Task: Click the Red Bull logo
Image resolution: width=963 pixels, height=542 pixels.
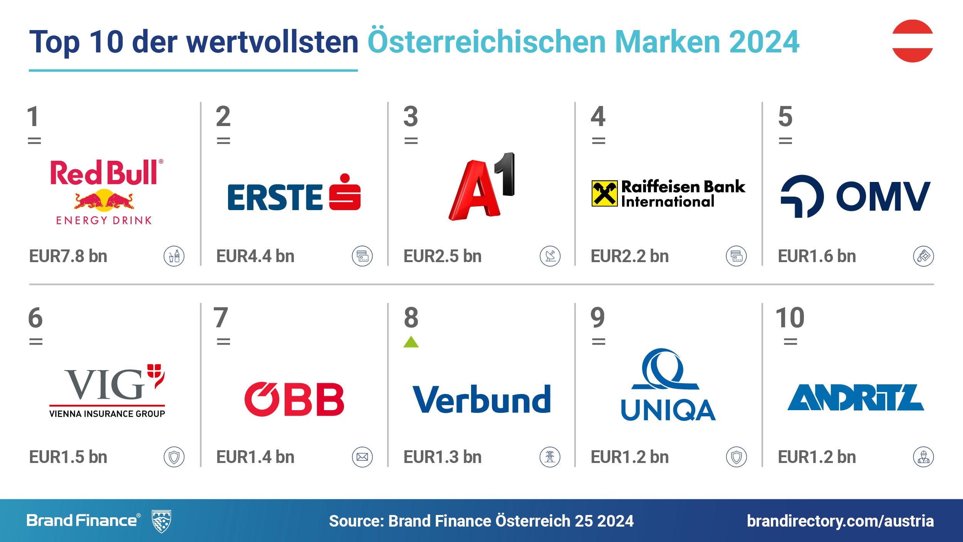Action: click(105, 192)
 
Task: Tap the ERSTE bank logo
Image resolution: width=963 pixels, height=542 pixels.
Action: click(294, 195)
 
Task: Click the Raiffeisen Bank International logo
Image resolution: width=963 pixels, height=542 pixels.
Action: click(668, 194)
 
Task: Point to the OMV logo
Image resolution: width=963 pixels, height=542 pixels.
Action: click(855, 196)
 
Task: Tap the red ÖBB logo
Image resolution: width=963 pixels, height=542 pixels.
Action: click(294, 399)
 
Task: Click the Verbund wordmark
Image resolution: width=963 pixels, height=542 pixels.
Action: click(481, 399)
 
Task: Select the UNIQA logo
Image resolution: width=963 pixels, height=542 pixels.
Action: click(668, 385)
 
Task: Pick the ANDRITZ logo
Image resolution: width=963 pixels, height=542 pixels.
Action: click(855, 397)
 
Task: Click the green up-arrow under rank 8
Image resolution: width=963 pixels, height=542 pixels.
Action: click(411, 342)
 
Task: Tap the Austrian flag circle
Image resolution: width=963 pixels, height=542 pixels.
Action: click(913, 41)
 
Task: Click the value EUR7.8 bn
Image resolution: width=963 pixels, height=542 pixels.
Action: click(68, 256)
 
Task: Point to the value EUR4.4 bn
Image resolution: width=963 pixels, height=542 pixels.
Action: click(255, 256)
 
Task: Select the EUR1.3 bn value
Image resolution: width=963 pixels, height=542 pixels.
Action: click(443, 457)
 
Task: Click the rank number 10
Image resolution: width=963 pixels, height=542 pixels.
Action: click(790, 318)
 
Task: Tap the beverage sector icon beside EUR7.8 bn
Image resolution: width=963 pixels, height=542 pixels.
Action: click(174, 256)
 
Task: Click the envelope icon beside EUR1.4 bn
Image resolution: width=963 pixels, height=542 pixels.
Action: click(362, 457)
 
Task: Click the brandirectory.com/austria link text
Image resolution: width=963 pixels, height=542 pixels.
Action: click(840, 521)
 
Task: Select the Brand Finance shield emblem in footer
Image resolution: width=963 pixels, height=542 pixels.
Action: click(161, 521)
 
